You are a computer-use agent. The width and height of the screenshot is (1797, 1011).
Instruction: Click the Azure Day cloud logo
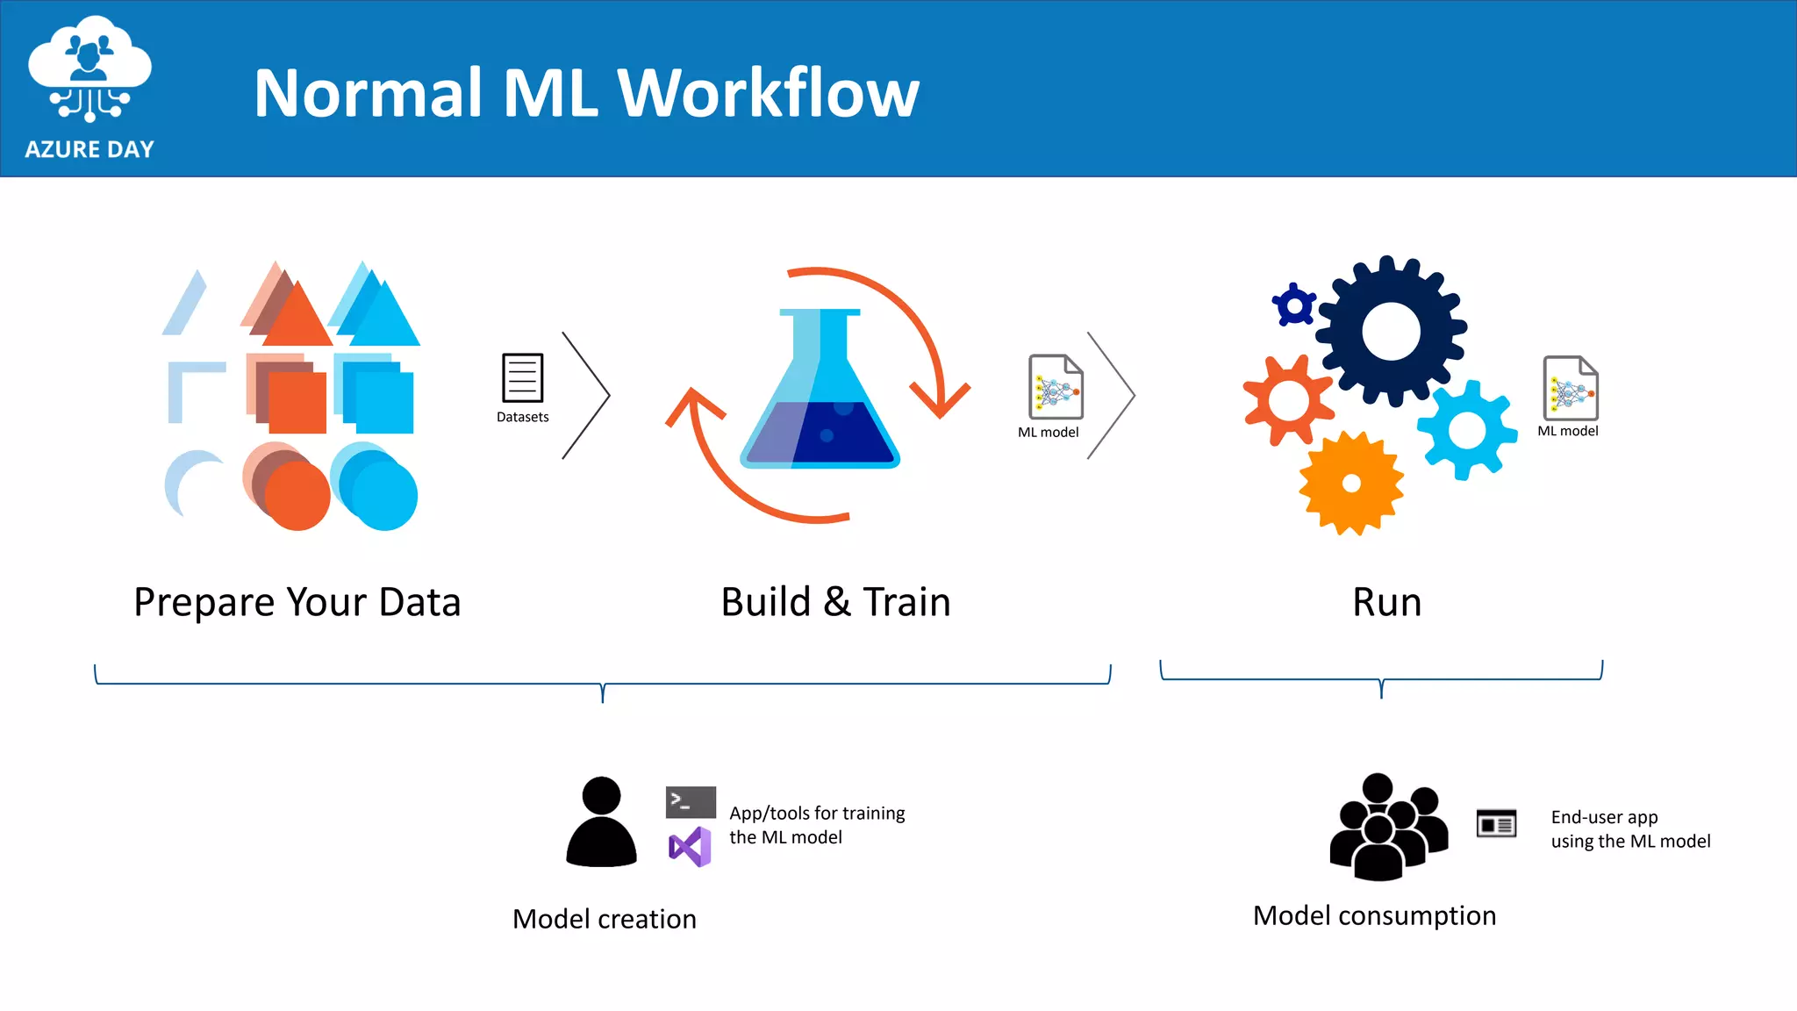pyautogui.click(x=89, y=70)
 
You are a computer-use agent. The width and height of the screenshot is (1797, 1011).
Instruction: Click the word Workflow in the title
pyautogui.click(x=768, y=93)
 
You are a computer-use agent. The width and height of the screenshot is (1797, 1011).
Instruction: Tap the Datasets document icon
pyautogui.click(x=522, y=377)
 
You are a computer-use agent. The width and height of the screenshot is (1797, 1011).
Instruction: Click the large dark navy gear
pyautogui.click(x=1392, y=332)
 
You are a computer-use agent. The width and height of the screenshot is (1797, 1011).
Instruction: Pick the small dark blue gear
pyautogui.click(x=1294, y=305)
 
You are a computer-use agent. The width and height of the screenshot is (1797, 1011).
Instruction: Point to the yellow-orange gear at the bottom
pyautogui.click(x=1351, y=483)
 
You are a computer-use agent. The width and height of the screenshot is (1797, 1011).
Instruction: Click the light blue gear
pyautogui.click(x=1467, y=430)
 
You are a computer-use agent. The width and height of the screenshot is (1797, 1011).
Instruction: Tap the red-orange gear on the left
pyautogui.click(x=1288, y=400)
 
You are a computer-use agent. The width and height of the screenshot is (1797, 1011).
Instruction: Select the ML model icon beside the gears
pyautogui.click(x=1571, y=388)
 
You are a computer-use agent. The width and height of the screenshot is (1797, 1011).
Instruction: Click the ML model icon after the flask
pyautogui.click(x=1056, y=387)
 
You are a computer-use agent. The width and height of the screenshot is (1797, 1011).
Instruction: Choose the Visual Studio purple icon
pyautogui.click(x=691, y=847)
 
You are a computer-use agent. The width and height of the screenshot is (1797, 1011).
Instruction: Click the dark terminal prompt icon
pyautogui.click(x=691, y=802)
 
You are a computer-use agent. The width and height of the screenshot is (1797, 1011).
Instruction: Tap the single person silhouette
pyautogui.click(x=601, y=822)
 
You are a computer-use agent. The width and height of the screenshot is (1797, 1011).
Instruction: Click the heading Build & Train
pyautogui.click(x=835, y=602)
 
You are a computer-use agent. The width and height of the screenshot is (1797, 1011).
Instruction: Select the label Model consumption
pyautogui.click(x=1374, y=915)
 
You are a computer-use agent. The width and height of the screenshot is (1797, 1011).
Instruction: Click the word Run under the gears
pyautogui.click(x=1386, y=602)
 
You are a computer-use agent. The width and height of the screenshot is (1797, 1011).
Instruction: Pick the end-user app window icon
pyautogui.click(x=1496, y=824)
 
